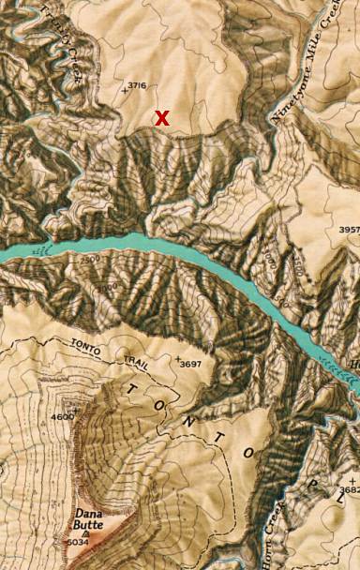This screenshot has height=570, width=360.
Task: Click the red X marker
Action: [x=162, y=118]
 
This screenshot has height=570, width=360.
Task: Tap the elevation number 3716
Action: [x=137, y=85]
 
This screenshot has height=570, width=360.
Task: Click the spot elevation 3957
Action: [x=348, y=230]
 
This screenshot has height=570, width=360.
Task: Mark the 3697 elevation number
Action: [x=191, y=364]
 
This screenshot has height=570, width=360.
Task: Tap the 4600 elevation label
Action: [x=62, y=417]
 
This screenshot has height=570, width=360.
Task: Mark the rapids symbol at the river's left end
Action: [x=37, y=250]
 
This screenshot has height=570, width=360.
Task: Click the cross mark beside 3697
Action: [x=179, y=359]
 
